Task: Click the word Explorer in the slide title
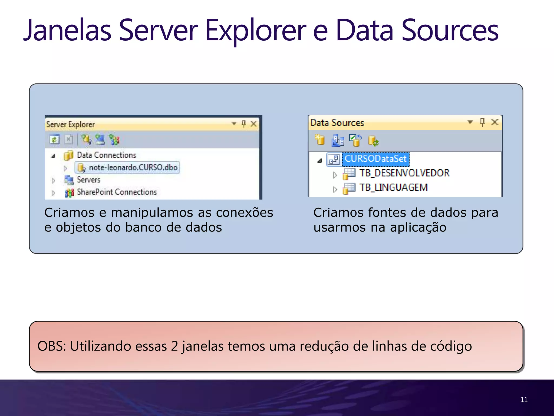[x=256, y=30]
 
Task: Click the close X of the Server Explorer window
[x=253, y=124]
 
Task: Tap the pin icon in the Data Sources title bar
[x=482, y=122]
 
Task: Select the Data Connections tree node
[x=106, y=155]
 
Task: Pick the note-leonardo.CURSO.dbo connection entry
[x=133, y=168]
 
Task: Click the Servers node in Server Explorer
[x=88, y=180]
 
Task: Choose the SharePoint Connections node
[x=117, y=192]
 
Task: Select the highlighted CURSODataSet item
[x=375, y=159]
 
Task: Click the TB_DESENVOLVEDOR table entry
[x=404, y=173]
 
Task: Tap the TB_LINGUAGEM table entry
[x=393, y=187]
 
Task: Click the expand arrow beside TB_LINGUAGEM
[x=335, y=189]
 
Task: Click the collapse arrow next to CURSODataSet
[x=320, y=160]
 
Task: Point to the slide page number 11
[x=524, y=400]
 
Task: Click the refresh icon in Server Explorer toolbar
[x=54, y=140]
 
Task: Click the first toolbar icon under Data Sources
[x=320, y=140]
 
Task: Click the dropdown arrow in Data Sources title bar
[x=470, y=122]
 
